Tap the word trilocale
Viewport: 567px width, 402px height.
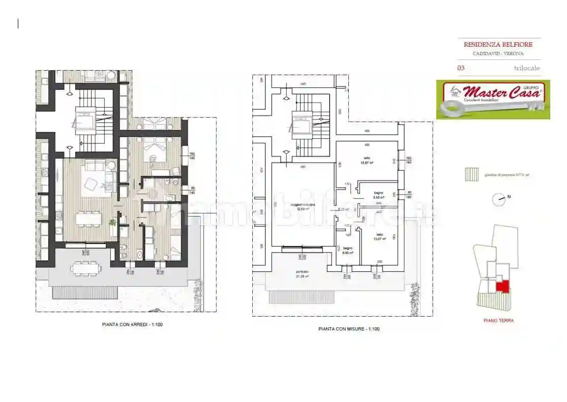click(x=527, y=68)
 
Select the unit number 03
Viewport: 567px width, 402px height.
click(x=461, y=68)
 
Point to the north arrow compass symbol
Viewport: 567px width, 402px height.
click(x=499, y=200)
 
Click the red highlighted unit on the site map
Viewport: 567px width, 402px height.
click(x=502, y=287)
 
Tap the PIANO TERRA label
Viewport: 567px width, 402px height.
click(x=498, y=321)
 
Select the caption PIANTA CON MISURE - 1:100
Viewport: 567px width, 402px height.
click(x=349, y=329)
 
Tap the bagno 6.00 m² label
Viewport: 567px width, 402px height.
click(x=348, y=251)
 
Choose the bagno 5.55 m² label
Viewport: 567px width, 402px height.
click(x=378, y=195)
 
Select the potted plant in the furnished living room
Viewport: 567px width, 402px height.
click(x=113, y=222)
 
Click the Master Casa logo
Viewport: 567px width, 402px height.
click(x=493, y=100)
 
